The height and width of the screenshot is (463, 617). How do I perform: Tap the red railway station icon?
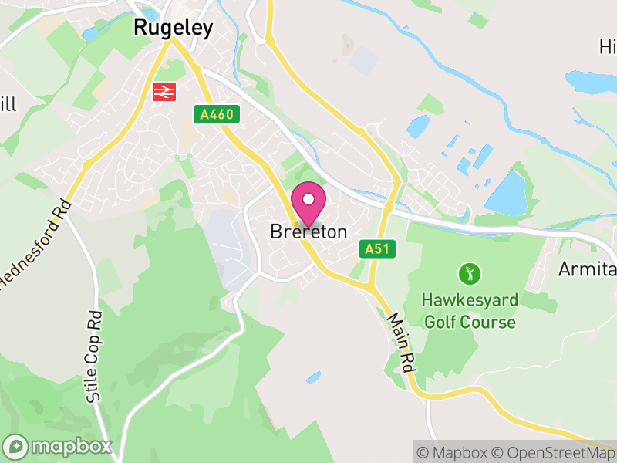click(164, 92)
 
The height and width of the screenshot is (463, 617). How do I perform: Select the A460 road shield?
click(217, 115)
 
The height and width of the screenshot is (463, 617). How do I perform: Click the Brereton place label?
click(308, 232)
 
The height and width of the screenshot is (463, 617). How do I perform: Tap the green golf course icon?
click(469, 273)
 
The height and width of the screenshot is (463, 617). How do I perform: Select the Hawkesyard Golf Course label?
click(469, 309)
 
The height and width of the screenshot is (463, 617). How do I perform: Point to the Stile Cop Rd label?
click(94, 356)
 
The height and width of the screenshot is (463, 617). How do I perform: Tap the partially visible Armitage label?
click(588, 270)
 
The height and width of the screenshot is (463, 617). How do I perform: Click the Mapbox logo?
click(59, 446)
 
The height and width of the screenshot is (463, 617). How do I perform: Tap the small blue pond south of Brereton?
click(313, 377)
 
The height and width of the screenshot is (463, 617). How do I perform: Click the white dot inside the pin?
click(308, 200)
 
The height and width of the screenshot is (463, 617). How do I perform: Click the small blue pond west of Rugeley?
click(92, 34)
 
